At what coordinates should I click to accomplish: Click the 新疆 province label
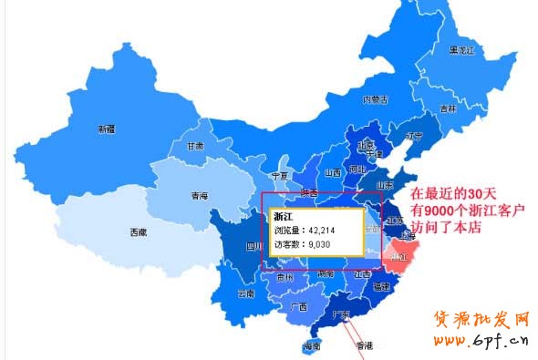107,129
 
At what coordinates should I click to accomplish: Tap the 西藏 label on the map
138,232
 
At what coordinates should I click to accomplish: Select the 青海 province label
199,196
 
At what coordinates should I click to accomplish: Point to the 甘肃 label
195,146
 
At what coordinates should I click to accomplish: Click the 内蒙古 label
376,99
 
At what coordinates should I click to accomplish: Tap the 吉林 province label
448,108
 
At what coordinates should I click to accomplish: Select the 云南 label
245,293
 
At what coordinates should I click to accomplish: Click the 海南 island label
312,347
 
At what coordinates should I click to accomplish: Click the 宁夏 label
280,175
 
